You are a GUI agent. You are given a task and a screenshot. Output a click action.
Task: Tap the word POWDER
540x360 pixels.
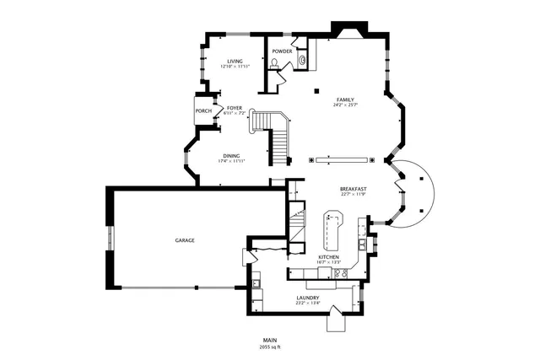click(x=282, y=51)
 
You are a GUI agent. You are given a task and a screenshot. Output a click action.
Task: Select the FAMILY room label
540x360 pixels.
click(x=344, y=99)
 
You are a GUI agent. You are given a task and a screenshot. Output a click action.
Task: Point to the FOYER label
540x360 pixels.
click(x=234, y=108)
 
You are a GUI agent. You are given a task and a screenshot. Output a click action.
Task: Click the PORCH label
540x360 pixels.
click(x=203, y=111)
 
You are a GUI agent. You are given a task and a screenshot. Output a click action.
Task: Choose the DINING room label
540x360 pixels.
click(x=231, y=155)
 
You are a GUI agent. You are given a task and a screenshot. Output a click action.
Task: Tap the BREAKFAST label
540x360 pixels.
click(x=353, y=189)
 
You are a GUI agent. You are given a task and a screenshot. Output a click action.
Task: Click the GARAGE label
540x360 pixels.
click(x=185, y=240)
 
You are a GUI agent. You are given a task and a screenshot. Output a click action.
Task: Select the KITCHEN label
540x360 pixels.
click(x=328, y=256)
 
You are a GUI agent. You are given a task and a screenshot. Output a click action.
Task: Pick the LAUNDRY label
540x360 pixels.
click(x=307, y=298)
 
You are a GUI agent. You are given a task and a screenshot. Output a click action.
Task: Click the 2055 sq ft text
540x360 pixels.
click(x=270, y=347)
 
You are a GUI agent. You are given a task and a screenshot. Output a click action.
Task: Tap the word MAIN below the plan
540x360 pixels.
click(x=270, y=340)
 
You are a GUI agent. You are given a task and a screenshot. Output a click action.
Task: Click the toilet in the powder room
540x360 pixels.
click(x=276, y=62)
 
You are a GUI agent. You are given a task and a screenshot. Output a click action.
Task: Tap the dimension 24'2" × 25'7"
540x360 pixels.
click(x=344, y=105)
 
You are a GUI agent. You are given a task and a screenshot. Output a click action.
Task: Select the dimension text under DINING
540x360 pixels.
click(x=231, y=161)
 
